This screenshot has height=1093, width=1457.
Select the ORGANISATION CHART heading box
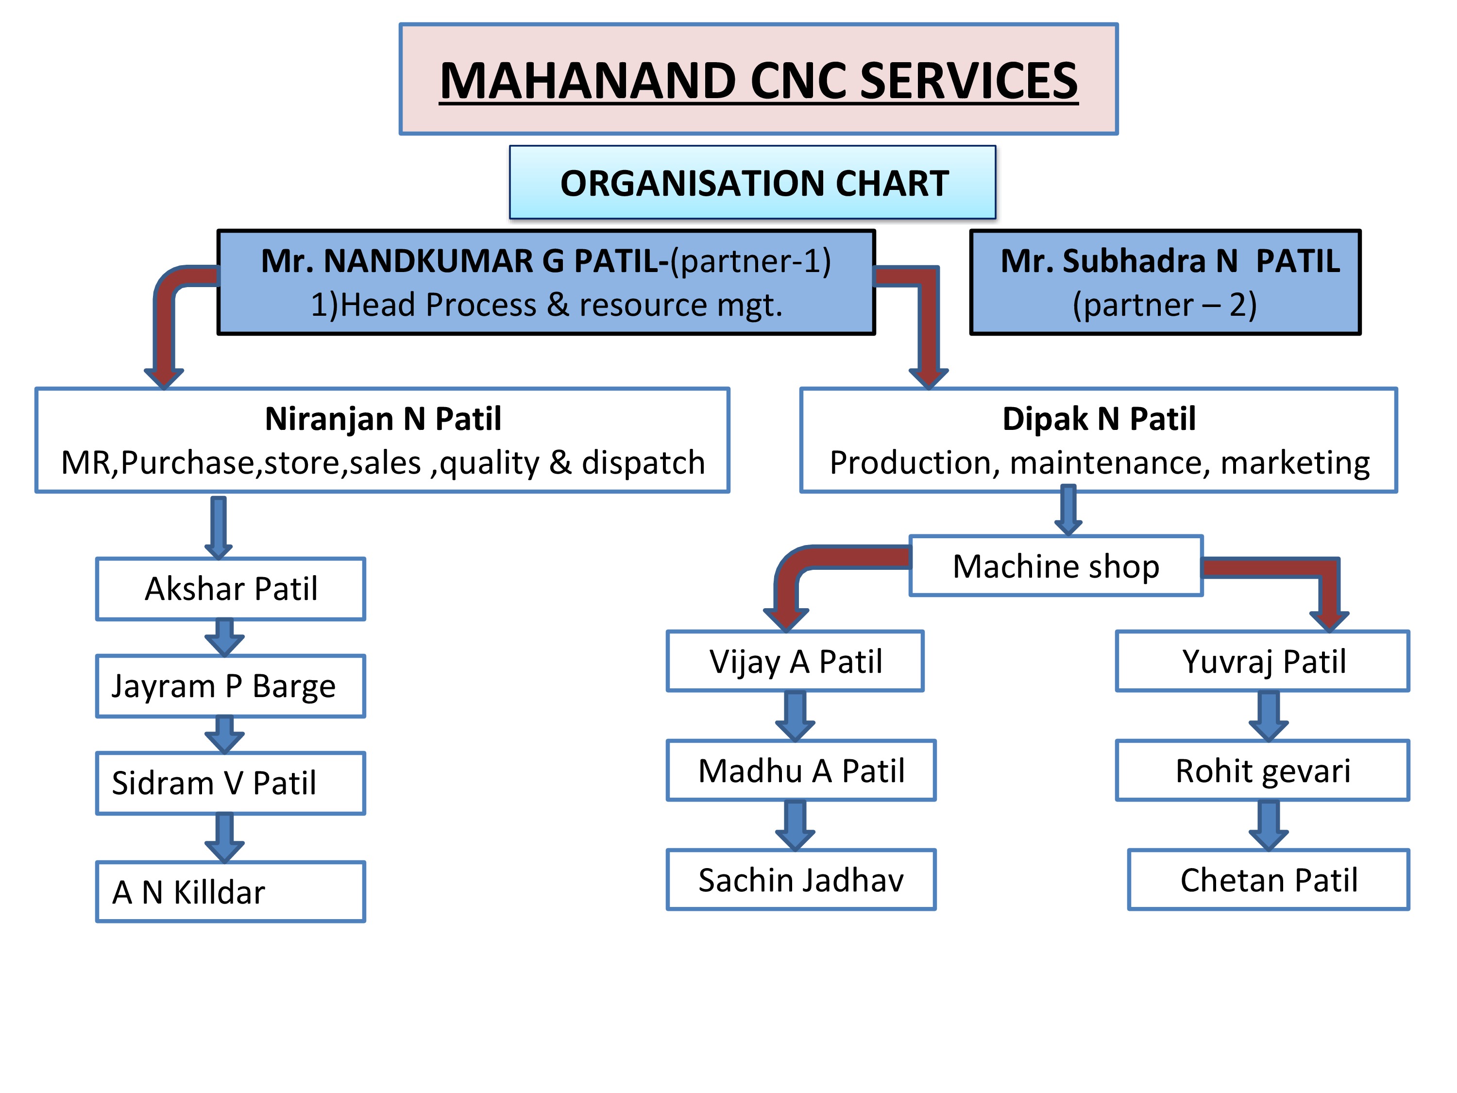752,183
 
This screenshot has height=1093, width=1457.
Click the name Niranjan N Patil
383,419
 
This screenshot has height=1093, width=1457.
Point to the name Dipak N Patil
1099,419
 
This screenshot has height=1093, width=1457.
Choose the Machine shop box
1056,566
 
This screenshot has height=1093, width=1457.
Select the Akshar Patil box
231,589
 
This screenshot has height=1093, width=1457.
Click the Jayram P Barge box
231,686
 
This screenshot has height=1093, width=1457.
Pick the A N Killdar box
231,891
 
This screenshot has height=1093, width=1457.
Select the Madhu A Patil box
801,770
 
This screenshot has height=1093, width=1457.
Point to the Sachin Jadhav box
801,880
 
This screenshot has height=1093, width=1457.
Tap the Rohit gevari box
1263,770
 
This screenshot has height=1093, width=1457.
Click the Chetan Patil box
1269,880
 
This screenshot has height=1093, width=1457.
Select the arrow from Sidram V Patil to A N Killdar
224,837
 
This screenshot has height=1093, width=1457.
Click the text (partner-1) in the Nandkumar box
750,261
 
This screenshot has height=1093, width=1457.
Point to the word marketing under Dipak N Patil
1295,462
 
